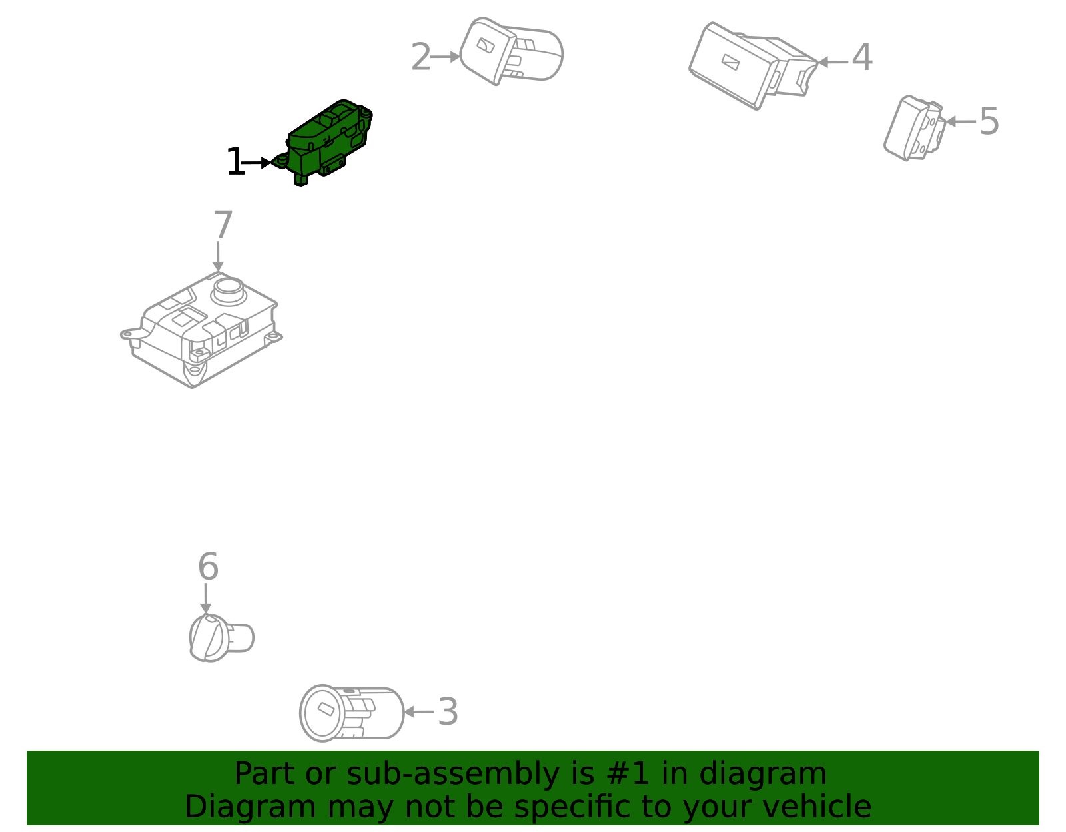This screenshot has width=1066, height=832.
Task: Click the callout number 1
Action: pos(235,163)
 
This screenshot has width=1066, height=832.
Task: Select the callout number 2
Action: pos(420,57)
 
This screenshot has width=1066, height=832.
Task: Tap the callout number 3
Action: pos(448,711)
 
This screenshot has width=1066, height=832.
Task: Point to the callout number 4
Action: pos(861,58)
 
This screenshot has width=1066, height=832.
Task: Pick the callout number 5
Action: pos(989,121)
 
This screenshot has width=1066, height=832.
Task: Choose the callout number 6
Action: pos(208,567)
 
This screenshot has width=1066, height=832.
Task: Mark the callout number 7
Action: pos(223,226)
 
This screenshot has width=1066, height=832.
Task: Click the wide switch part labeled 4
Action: pos(750,65)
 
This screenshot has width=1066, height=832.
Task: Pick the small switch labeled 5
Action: pos(913,128)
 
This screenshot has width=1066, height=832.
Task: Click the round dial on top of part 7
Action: pos(229,288)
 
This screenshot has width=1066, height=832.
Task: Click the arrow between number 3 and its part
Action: pos(418,711)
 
